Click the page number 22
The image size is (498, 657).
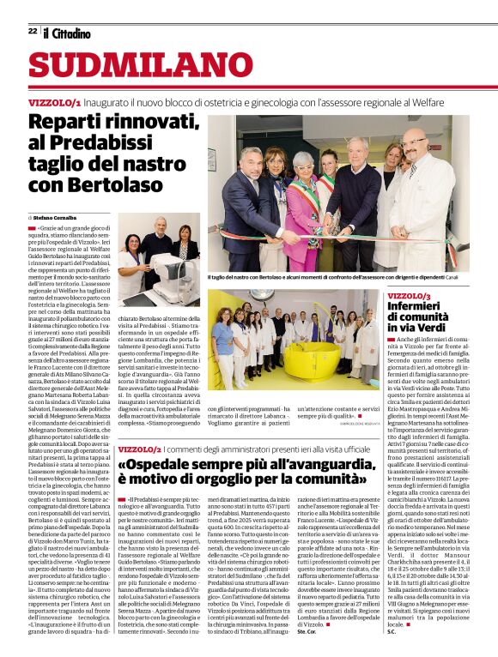coord(33,32)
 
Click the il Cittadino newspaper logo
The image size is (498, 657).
coord(67,33)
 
